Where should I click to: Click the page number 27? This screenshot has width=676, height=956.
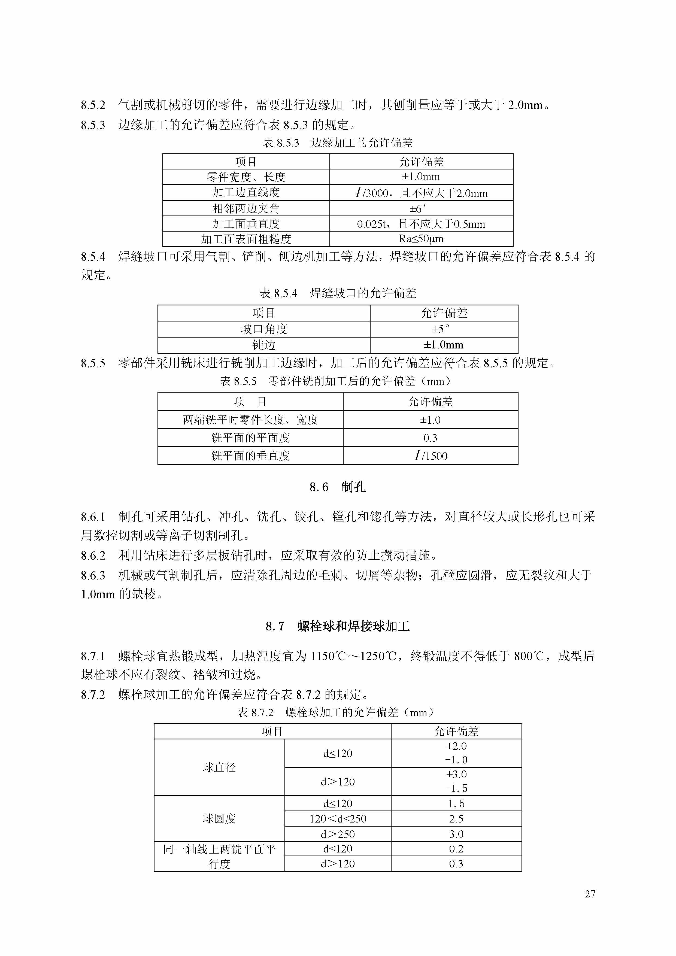(x=590, y=894)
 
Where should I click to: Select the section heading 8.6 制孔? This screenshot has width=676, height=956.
(x=337, y=487)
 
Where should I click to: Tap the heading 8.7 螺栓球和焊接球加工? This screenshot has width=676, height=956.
(x=337, y=626)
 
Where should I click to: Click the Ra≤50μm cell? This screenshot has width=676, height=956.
(x=421, y=239)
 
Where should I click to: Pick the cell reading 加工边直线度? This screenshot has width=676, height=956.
(x=246, y=192)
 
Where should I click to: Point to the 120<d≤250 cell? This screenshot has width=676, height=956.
(x=338, y=819)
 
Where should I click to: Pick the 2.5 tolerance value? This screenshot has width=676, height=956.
(x=456, y=819)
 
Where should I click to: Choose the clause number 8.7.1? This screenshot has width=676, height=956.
(x=93, y=657)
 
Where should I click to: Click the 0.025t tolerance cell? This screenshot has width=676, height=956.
(x=421, y=224)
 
